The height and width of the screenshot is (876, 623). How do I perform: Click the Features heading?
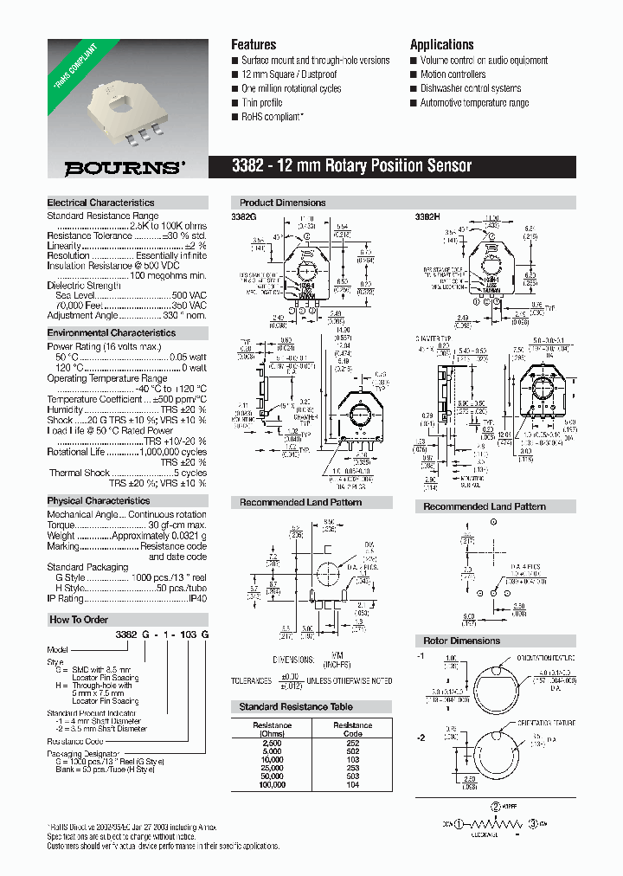[x=254, y=44]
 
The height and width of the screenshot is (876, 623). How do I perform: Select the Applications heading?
[x=441, y=44]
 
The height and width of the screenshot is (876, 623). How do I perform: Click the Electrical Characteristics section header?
[x=100, y=203]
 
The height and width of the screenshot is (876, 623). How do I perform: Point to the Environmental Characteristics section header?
[x=111, y=332]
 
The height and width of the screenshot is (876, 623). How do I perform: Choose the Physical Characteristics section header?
[x=98, y=500]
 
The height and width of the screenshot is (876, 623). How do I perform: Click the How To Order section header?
[x=79, y=619]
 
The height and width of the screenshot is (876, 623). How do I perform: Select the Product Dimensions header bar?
[x=283, y=203]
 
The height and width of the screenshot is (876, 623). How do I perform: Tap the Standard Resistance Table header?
[x=296, y=706]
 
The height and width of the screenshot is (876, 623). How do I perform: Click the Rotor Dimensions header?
[x=461, y=641]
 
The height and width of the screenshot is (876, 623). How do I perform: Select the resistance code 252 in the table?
[x=353, y=742]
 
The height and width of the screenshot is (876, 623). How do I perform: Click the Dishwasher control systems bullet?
[x=470, y=88]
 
